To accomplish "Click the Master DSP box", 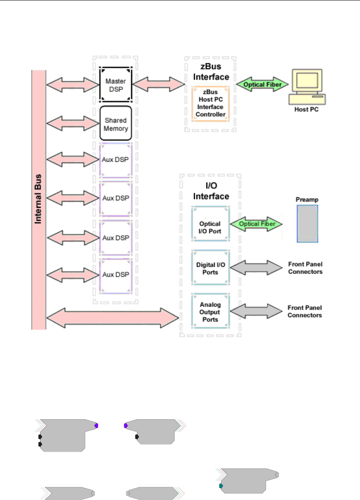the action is [115, 84].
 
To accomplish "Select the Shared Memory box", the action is [115, 123].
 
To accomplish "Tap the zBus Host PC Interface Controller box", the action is [211, 103].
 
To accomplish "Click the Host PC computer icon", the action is [307, 87].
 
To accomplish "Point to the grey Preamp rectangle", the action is [307, 224].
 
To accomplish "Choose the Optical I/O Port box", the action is [211, 224].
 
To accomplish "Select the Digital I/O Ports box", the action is [211, 267].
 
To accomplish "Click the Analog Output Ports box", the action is [211, 311].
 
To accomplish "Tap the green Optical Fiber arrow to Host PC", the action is [262, 84].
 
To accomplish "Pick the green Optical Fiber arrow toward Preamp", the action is [256, 224].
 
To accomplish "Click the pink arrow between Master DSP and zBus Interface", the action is [158, 84].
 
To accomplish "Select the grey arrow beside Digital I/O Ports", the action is [256, 267].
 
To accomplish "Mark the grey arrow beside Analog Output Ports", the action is [256, 311].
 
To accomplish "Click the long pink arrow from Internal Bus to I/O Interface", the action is [113, 318].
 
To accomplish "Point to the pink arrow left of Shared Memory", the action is [73, 123].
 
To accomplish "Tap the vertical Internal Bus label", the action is [38, 199].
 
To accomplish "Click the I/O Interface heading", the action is [211, 191].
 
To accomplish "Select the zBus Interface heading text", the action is [211, 72].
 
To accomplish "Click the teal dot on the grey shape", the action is [221, 486].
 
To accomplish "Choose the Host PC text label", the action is [307, 109].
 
